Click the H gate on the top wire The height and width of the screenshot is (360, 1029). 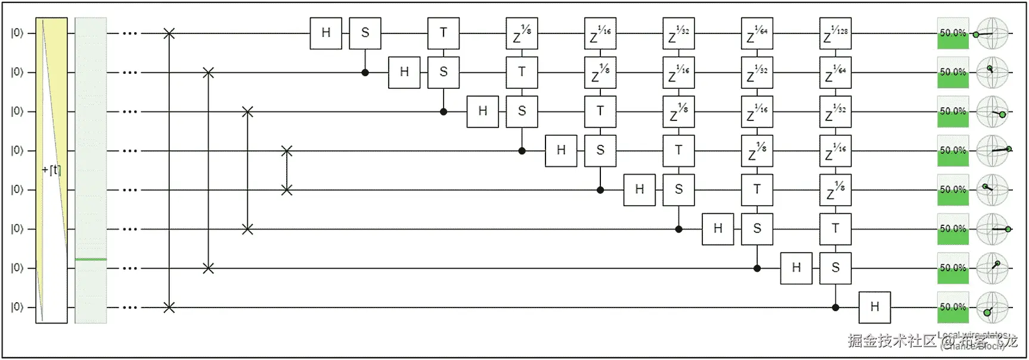click(326, 33)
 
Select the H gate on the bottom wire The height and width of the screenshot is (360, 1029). click(874, 307)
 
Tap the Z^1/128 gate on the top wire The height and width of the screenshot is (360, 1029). click(835, 33)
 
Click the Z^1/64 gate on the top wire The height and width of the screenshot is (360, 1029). click(757, 33)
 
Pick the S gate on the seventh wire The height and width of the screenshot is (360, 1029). click(835, 268)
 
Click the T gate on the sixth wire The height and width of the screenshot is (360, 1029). click(835, 228)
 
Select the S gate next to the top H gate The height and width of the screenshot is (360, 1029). click(365, 33)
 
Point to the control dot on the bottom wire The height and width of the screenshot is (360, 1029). click(835, 308)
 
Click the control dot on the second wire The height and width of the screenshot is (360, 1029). click(365, 73)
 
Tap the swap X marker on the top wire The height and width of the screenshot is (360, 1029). click(169, 33)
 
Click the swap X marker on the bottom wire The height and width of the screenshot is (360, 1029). click(169, 308)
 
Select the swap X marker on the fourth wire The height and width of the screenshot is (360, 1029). click(287, 151)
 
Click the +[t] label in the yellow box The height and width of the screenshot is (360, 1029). click(51, 170)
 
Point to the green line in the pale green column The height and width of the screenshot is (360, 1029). click(91, 259)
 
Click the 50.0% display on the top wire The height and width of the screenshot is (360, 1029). click(952, 33)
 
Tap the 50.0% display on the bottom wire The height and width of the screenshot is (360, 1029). click(952, 307)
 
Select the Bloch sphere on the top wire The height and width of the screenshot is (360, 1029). click(992, 33)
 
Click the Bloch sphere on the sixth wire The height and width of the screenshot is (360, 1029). click(992, 229)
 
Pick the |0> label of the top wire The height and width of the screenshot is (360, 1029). click(17, 33)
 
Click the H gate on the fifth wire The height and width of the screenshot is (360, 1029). click(639, 190)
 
